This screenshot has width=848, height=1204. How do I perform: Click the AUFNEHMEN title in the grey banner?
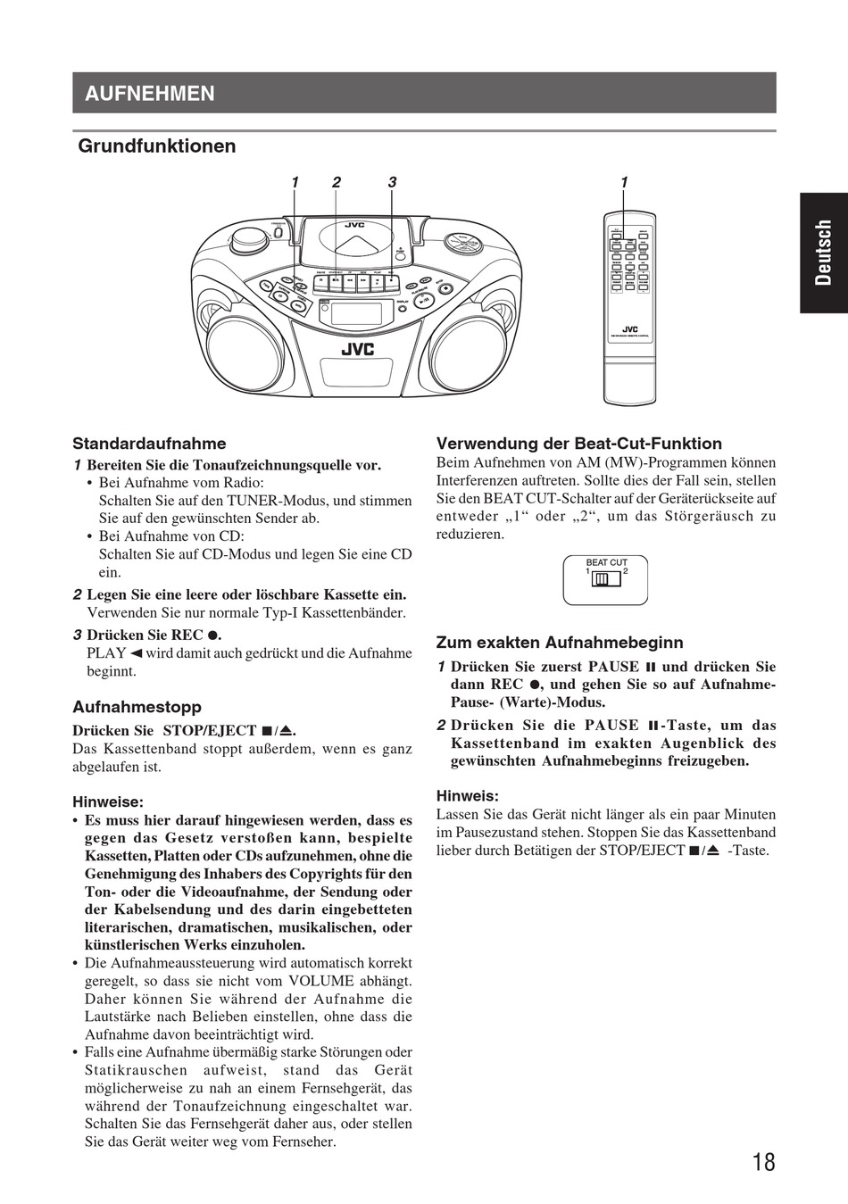150,94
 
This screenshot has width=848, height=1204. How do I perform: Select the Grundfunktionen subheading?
157,146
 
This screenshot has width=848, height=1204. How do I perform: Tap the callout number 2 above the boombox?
337,183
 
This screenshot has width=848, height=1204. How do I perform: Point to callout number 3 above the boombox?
391,183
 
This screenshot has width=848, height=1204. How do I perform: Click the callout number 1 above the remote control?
624,183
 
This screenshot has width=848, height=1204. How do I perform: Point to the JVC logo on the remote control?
629,328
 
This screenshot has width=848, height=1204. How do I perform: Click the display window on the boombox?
356,314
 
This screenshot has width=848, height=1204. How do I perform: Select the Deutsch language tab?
823,253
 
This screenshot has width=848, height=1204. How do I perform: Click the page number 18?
763,1162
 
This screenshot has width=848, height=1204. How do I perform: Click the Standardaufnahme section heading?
149,444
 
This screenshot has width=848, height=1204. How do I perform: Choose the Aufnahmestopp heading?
137,708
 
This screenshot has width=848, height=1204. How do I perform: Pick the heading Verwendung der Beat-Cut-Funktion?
578,444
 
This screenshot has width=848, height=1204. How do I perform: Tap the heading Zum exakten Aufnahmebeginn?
560,643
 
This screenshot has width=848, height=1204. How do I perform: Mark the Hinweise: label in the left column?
108,801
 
